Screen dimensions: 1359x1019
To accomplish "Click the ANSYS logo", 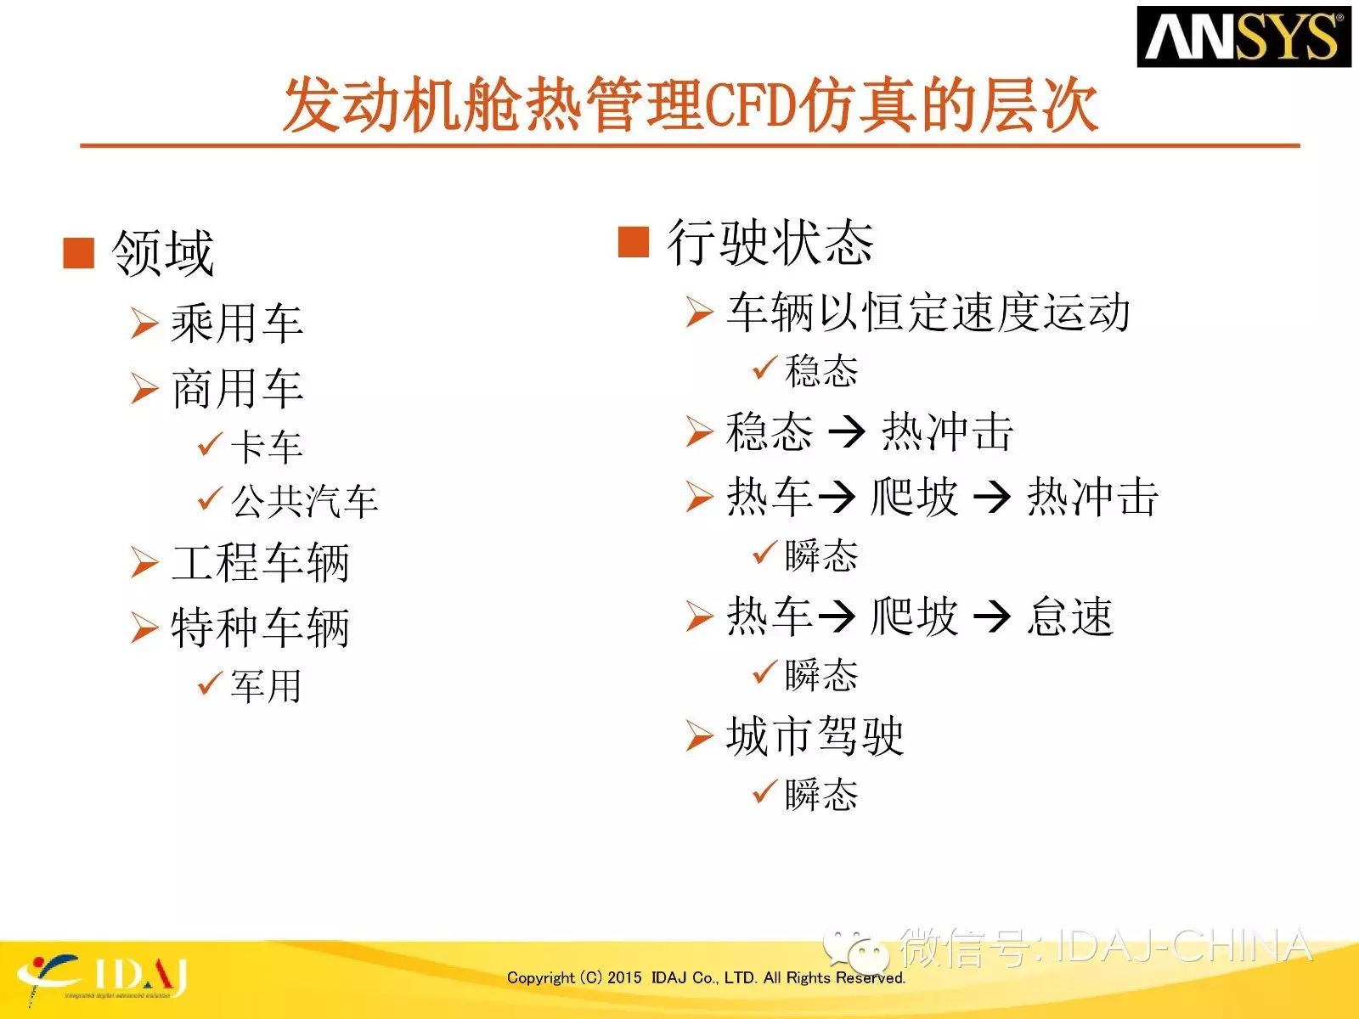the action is [1243, 37].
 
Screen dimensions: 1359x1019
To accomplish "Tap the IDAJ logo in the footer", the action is [102, 978].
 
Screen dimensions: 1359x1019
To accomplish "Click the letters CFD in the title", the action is [750, 105].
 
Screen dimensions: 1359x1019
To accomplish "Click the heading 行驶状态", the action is [770, 243].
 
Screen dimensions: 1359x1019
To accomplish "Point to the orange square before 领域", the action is [79, 253].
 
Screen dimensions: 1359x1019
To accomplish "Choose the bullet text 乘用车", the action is [237, 323].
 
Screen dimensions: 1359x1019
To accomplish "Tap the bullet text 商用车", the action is [237, 389].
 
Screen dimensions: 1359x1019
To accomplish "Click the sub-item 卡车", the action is [267, 447].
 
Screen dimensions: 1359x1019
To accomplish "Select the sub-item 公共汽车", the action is [304, 500].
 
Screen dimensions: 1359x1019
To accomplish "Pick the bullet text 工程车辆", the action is [261, 562].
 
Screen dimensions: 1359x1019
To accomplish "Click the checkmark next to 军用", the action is [210, 683].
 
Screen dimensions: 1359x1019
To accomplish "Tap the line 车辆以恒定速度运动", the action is [928, 312].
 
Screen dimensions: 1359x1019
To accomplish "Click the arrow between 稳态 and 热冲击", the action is [846, 432].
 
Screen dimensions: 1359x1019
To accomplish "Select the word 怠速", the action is [1071, 616].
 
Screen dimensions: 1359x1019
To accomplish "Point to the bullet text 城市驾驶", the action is [815, 735].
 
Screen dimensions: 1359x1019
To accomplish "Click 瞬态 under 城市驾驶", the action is [821, 795].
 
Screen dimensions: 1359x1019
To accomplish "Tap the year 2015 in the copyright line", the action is [624, 977].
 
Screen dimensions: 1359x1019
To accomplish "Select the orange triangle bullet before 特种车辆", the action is [145, 628].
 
